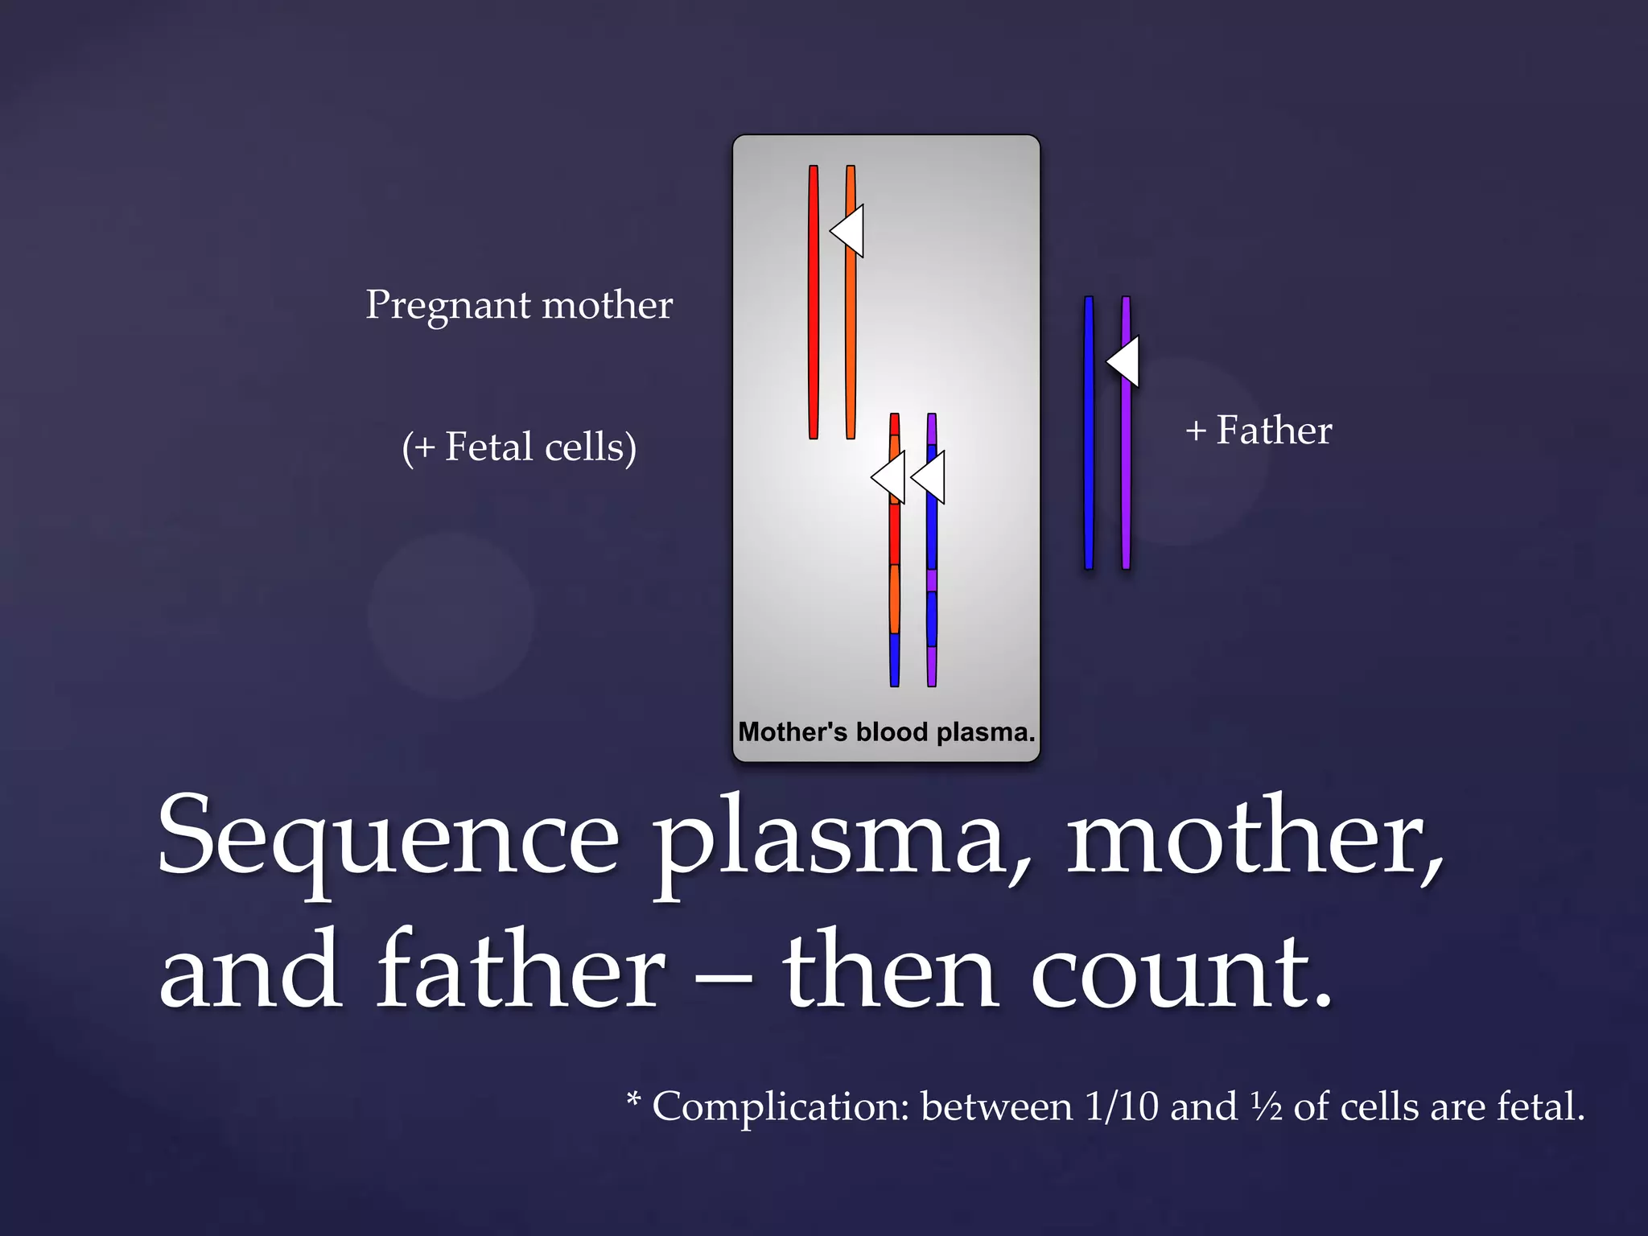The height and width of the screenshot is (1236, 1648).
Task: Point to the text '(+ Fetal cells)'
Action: pos(519,447)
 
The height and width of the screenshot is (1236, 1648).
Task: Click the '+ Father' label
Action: pos(1259,431)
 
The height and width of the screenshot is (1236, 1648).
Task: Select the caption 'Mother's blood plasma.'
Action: pos(886,732)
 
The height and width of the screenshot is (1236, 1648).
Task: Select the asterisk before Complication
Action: pos(634,1098)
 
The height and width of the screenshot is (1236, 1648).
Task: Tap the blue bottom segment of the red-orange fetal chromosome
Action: pos(894,660)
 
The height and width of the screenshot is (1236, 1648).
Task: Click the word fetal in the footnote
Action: pos(1539,1107)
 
